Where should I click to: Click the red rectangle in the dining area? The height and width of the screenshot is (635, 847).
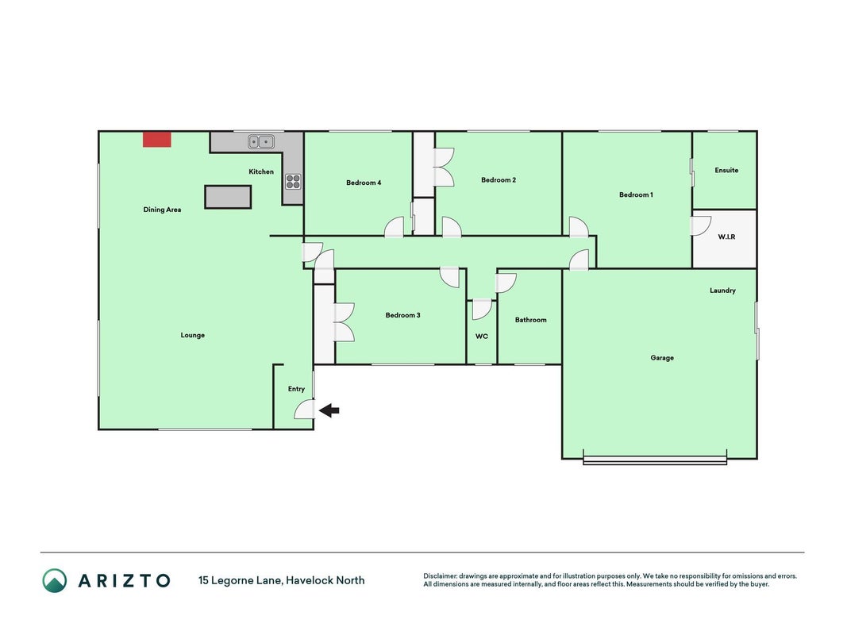[x=156, y=140]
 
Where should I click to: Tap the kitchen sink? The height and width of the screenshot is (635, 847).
[x=261, y=141]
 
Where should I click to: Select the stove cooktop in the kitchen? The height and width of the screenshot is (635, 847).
[x=293, y=182]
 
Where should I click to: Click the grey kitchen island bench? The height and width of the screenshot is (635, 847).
[x=228, y=197]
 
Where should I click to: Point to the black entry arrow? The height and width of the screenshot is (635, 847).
[x=329, y=410]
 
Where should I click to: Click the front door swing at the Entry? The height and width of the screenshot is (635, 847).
[x=304, y=410]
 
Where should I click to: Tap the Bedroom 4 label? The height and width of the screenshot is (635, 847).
[x=364, y=183]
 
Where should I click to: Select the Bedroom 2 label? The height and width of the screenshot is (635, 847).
[x=499, y=180]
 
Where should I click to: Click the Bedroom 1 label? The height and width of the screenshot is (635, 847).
[x=636, y=194]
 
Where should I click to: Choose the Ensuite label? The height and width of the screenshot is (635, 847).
[x=726, y=170]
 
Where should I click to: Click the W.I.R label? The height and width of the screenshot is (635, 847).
[x=726, y=237]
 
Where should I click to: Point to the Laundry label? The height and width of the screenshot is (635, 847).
[x=722, y=291]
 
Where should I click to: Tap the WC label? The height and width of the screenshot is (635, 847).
[x=482, y=337]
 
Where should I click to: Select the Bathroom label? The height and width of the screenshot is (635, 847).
[x=530, y=320]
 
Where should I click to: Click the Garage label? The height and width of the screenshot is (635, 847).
[x=662, y=357]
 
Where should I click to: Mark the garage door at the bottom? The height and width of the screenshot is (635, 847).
[x=655, y=460]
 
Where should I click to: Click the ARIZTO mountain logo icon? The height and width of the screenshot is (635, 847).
[x=55, y=580]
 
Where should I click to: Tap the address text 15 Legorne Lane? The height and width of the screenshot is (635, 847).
[x=240, y=580]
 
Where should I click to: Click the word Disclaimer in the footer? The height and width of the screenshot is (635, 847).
[x=441, y=576]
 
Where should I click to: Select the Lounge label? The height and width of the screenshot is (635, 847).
[x=193, y=335]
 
